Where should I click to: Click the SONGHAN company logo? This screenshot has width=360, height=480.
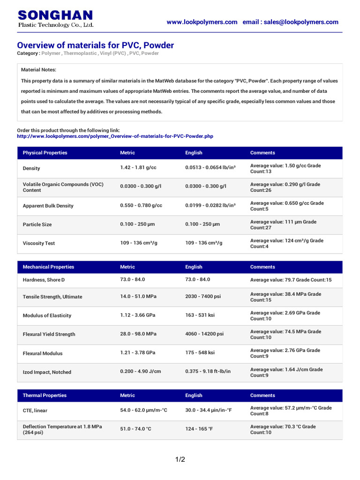tap(55, 19)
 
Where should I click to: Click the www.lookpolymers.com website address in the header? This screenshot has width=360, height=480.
tap(202, 22)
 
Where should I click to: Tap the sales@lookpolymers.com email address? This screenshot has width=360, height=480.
tap(301, 22)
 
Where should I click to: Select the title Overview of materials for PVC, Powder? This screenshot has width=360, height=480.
tap(95, 45)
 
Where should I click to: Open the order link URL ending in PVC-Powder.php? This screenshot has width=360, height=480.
tap(115, 136)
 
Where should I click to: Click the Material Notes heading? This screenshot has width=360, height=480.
tap(38, 69)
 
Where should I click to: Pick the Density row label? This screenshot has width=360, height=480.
tap(31, 168)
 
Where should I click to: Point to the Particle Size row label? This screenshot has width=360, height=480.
tap(37, 225)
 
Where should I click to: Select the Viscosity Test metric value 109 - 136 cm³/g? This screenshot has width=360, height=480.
tap(141, 243)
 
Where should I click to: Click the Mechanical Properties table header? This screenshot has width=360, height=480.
tap(48, 267)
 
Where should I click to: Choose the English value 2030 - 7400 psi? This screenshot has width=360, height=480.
tap(203, 297)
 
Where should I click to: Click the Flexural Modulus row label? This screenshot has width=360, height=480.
tap(43, 353)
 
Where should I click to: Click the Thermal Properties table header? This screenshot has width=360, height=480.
tap(45, 395)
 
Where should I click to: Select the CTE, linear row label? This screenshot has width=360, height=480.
tap(35, 411)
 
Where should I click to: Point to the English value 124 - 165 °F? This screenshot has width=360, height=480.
tap(199, 429)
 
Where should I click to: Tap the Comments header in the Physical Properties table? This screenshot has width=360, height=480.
tap(262, 153)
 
